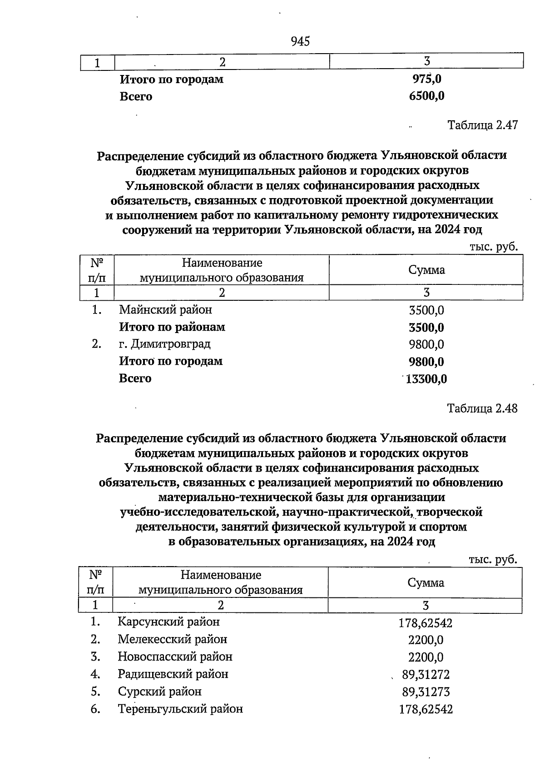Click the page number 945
300,42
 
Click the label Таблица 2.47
482,125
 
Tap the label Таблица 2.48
482,408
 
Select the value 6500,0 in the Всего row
426,96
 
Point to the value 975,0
427,79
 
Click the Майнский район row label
165,310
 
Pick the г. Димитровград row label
164,344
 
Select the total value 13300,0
426,379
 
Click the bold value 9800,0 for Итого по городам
426,362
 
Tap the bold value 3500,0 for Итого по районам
426,328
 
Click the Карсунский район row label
168,622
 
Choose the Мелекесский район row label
172,639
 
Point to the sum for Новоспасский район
426,657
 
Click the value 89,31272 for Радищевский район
426,675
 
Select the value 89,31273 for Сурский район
426,692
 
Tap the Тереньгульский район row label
180,709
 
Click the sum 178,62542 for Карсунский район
426,623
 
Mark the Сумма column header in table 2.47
426,270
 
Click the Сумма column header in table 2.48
426,583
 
